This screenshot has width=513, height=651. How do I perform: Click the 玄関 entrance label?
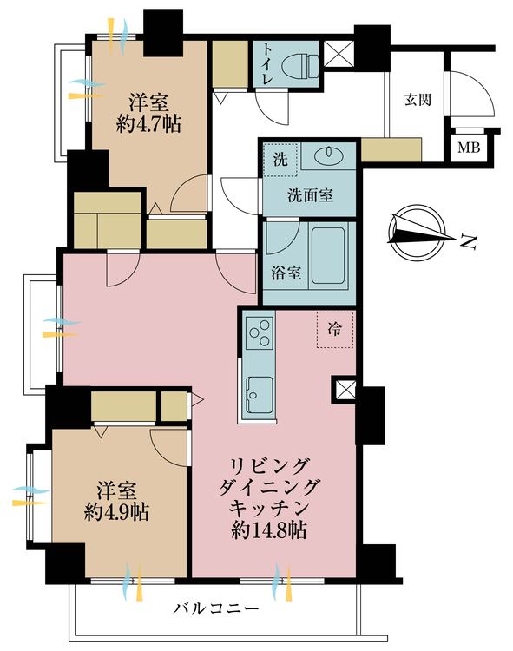point(417,99)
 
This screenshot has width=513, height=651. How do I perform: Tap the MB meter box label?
point(469,147)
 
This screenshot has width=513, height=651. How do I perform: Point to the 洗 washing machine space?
point(280,160)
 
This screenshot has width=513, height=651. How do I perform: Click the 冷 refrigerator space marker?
point(335,329)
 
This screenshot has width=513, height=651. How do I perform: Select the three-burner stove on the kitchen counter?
point(260,333)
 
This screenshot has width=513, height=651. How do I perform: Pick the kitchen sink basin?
point(259,395)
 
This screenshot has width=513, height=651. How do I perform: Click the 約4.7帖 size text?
point(148,123)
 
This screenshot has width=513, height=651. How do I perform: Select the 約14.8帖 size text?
point(273,529)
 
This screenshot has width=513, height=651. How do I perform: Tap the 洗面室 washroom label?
point(310,194)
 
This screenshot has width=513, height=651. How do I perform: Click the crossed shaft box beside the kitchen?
point(342,391)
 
